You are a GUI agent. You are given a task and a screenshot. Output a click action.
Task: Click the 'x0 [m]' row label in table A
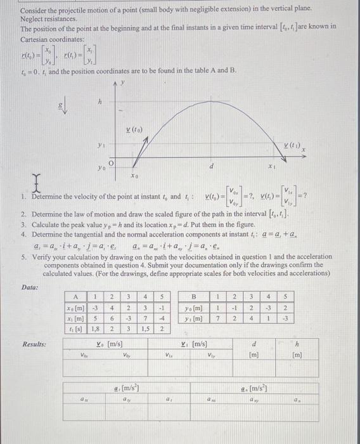point(76,308)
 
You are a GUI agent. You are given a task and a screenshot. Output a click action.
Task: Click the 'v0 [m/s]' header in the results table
point(112,344)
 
